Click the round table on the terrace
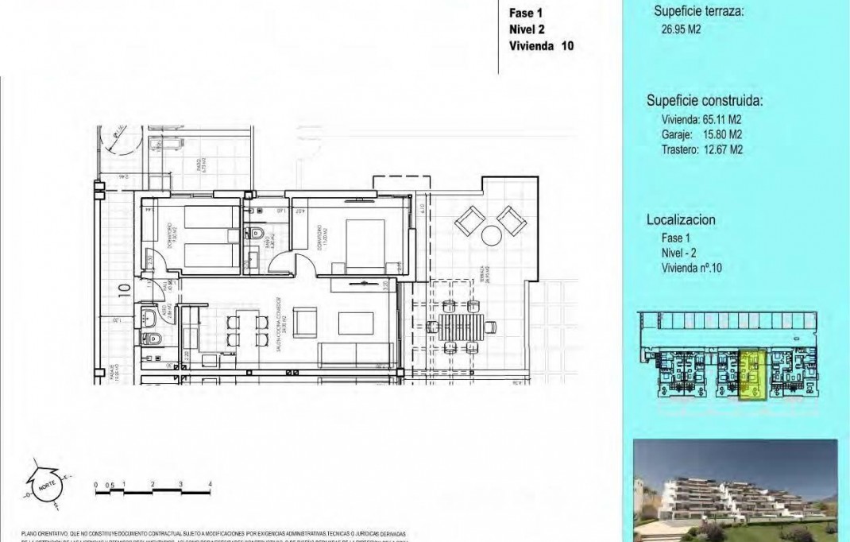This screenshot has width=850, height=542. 491,235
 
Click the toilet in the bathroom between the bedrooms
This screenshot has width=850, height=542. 257,234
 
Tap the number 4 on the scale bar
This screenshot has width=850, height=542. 210,483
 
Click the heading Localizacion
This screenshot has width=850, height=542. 682,220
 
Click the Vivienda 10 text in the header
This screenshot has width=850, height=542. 540,45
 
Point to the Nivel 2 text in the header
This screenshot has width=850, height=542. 527,29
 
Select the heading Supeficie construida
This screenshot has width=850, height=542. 705,101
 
